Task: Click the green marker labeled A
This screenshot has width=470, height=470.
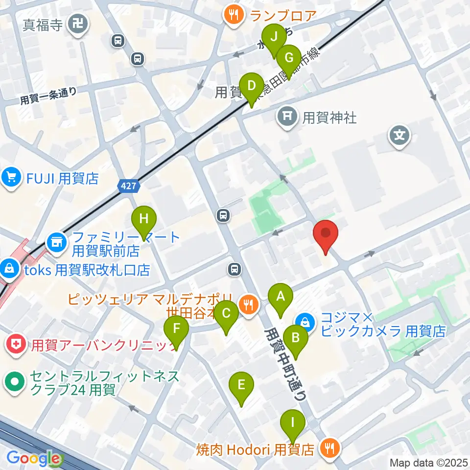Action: [281, 296]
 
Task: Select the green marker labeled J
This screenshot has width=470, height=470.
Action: [274, 37]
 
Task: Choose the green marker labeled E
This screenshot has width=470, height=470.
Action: [241, 385]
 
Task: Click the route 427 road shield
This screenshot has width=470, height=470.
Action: [129, 186]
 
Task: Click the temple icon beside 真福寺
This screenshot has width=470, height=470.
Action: [78, 23]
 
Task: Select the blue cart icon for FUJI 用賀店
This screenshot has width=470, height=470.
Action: [11, 177]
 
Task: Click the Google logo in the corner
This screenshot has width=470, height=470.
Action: [33, 459]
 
